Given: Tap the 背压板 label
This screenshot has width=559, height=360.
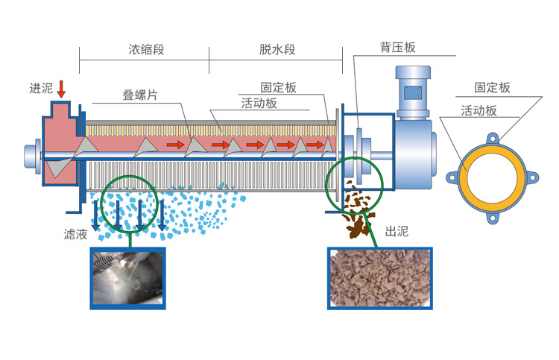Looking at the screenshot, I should click(397, 47).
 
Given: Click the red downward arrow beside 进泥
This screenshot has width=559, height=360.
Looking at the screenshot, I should click(61, 88).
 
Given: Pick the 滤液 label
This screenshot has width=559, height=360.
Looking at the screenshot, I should click(76, 234).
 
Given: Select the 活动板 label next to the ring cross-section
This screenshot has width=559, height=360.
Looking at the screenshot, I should click(479, 110).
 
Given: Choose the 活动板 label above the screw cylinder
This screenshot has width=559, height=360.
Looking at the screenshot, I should click(259, 104).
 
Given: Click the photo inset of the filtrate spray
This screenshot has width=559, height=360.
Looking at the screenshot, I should click(127, 277).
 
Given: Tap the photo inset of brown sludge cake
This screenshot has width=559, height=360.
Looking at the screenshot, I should click(381, 277).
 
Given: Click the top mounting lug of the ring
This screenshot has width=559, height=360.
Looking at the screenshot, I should click(493, 139).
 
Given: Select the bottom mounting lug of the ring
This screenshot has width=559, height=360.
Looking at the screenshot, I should click(493, 218).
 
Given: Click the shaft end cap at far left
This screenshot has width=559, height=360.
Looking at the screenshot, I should click(32, 155).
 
